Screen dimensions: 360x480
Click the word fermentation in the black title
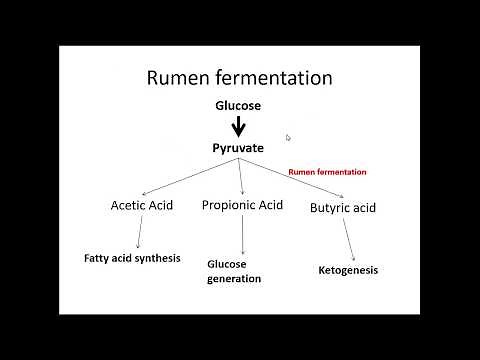point(276,77)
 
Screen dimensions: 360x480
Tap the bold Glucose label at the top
point(239,105)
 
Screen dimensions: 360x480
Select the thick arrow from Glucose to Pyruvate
point(239,126)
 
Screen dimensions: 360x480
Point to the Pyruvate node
point(239,148)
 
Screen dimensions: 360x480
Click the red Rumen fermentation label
point(327,172)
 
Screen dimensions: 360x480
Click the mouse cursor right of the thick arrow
point(288,138)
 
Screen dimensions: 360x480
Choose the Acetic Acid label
point(141,206)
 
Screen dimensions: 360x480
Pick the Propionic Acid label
point(243,206)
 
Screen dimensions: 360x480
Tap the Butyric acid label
point(342,207)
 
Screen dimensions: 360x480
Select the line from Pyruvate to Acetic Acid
point(190,175)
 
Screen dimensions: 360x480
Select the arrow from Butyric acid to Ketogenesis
point(349,239)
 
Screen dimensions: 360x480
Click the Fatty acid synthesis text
point(132,258)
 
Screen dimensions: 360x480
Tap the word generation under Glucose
point(234,279)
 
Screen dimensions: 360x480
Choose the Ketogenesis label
point(348,270)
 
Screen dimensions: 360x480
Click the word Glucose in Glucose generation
point(227,264)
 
